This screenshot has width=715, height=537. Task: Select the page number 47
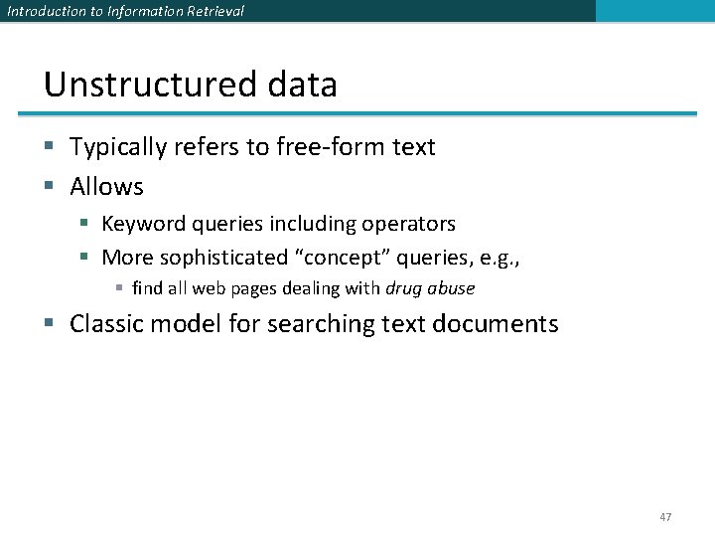[665, 517]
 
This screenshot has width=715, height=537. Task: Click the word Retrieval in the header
[210, 11]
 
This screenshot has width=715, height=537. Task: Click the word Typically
[120, 147]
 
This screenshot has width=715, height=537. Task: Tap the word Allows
[106, 186]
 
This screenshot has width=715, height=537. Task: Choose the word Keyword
[145, 224]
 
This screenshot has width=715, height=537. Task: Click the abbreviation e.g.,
[499, 258]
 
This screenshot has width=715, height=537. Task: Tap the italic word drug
[403, 288]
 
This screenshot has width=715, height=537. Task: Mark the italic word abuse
[451, 288]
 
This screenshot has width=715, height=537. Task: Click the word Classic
[110, 324]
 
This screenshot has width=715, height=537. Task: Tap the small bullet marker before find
[119, 289]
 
